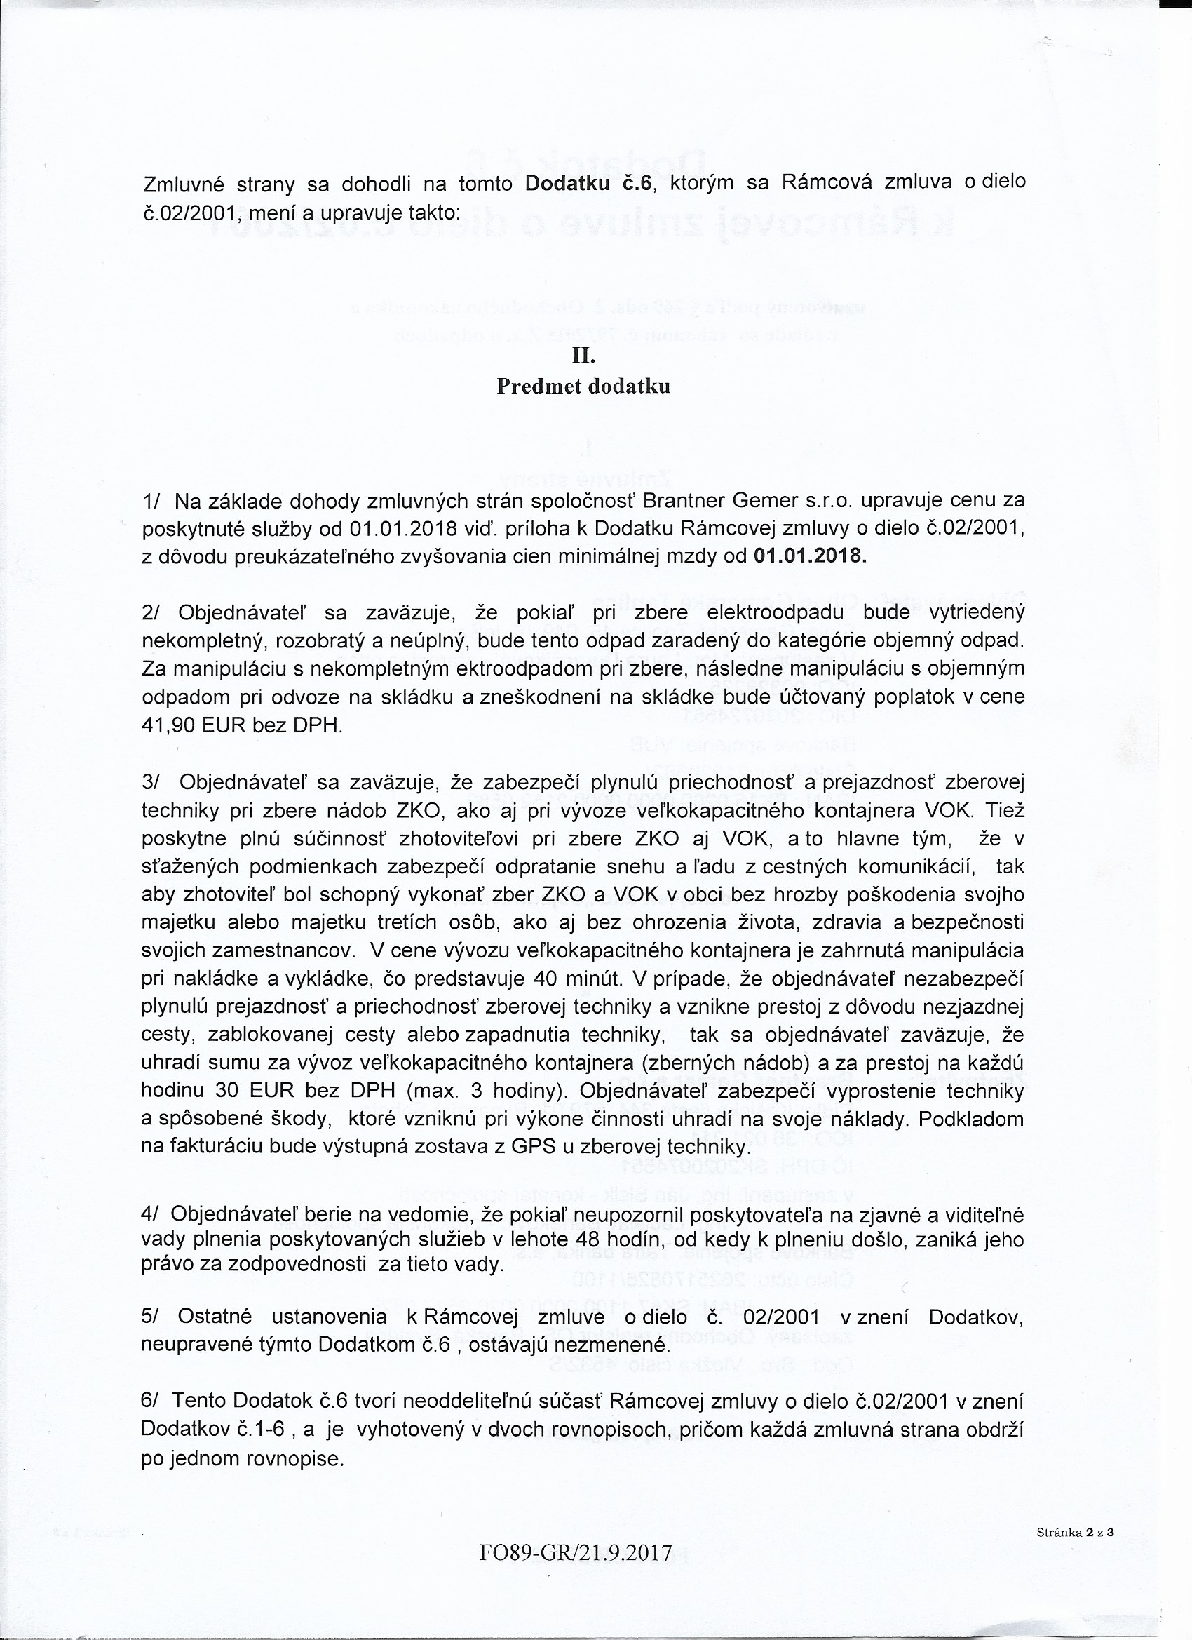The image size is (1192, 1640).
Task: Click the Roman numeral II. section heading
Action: tap(583, 356)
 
